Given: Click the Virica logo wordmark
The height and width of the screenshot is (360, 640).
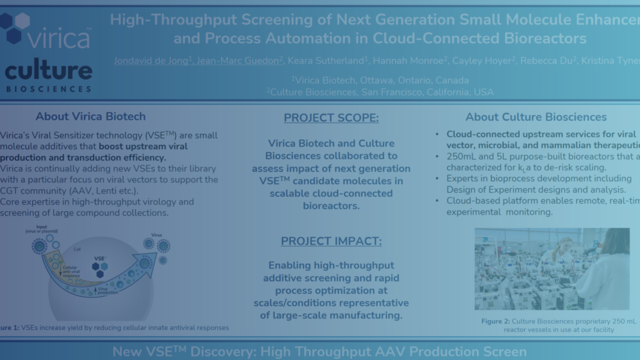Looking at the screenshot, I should coord(59,39).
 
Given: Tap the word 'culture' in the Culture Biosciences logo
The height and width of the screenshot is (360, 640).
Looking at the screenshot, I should coord(49,70).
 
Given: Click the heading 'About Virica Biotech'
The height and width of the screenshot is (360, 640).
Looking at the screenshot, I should coord(90,116).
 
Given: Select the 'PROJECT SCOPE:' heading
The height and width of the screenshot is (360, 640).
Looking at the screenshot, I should coord(331,118).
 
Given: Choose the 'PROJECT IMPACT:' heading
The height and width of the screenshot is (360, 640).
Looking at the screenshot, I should coord(331,241).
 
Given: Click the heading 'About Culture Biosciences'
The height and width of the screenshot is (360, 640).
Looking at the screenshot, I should coord(536,117).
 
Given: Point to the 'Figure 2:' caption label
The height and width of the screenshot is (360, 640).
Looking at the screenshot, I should coord(495,321).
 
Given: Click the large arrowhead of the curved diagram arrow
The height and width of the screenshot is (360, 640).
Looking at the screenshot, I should coord(147,261).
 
